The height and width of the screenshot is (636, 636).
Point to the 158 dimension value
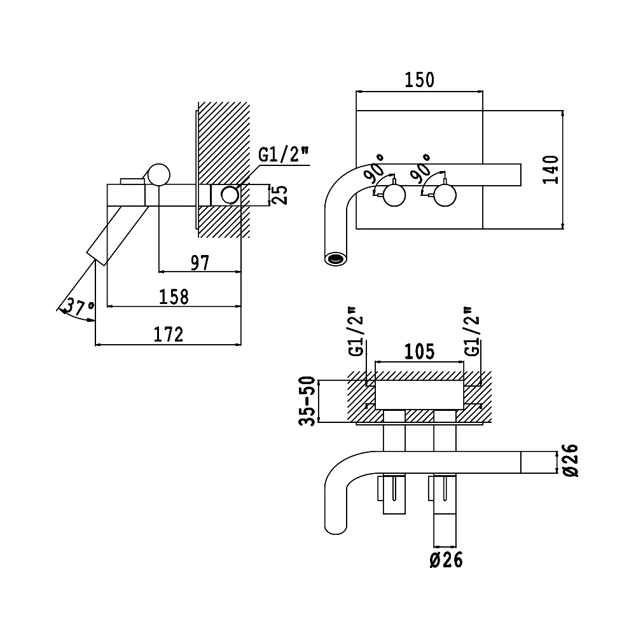[x=174, y=296]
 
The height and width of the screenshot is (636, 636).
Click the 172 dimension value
[x=169, y=334]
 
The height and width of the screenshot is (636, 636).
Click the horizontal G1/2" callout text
[x=283, y=155]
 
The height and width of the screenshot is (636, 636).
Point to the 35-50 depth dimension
[x=308, y=401]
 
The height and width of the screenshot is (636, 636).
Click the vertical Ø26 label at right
[x=569, y=461]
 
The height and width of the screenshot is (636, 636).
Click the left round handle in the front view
[x=394, y=195]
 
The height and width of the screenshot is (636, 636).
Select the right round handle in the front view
[x=444, y=195]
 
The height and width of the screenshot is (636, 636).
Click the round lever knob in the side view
[x=158, y=174]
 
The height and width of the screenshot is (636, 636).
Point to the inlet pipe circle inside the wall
[x=231, y=194]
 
